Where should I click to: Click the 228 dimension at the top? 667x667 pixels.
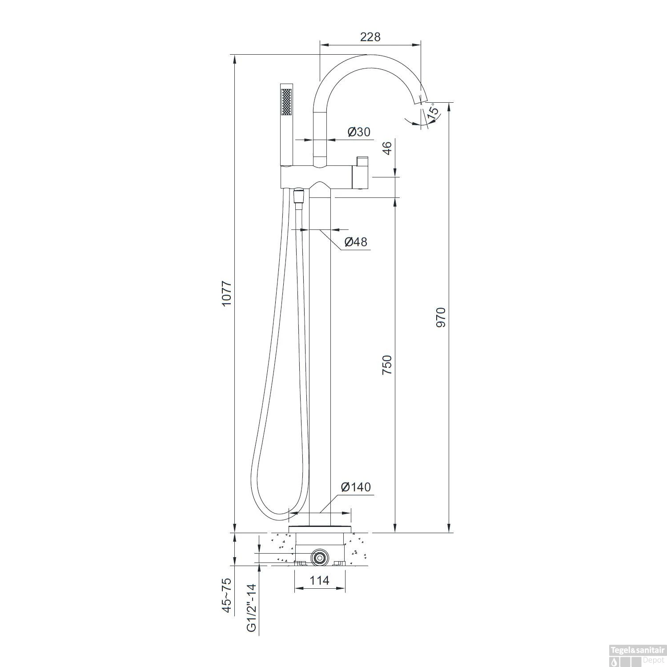tap(370, 37)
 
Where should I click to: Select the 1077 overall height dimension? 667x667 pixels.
tap(227, 293)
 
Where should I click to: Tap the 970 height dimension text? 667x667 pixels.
tap(440, 317)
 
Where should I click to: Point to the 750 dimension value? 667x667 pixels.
tap(387, 364)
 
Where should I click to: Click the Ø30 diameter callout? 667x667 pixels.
tap(358, 132)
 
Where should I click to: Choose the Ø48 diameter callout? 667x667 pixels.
tap(356, 242)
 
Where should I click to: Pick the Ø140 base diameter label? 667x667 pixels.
tap(355, 487)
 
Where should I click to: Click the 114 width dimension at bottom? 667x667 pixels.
tap(319, 580)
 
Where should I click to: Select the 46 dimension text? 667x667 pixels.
tap(387, 148)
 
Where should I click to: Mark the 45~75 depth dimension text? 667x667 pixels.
tap(227, 595)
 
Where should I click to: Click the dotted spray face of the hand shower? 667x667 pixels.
tap(286, 102)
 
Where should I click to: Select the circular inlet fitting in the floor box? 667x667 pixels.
tap(319, 557)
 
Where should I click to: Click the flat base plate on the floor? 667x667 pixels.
tap(320, 528)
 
